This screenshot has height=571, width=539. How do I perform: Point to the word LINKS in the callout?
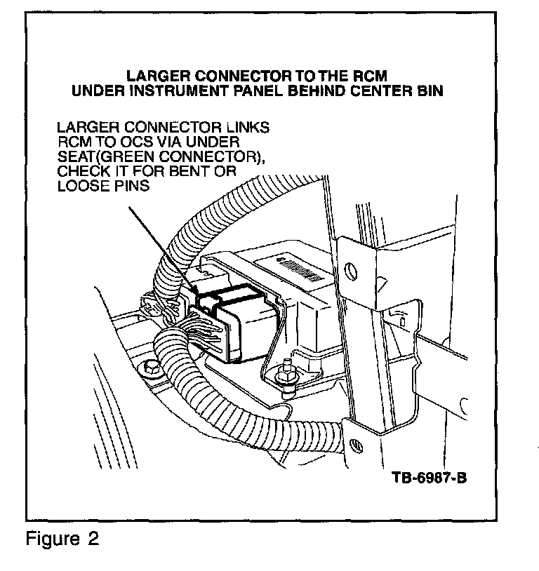[x=248, y=127]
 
